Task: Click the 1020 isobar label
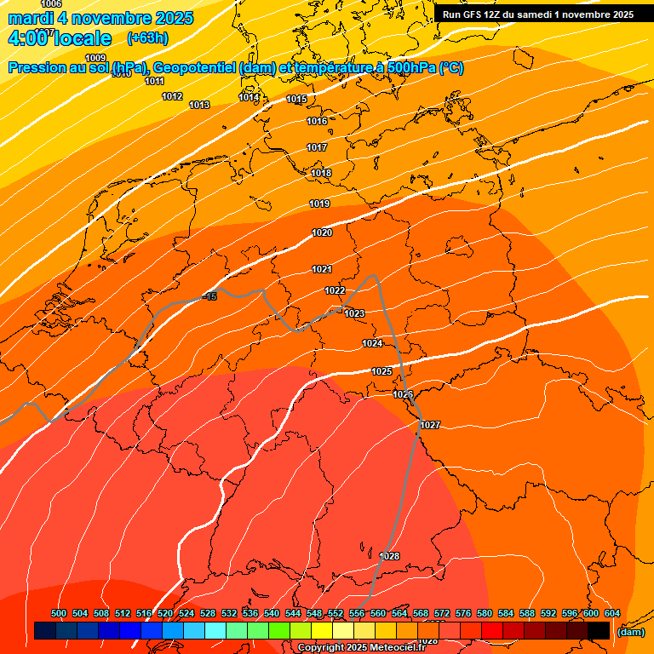(322, 232)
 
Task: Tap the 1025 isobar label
(381, 371)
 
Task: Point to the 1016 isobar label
(317, 122)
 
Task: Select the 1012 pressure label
(172, 96)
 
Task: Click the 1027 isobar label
(430, 425)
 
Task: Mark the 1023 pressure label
(354, 313)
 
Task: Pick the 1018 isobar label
(321, 174)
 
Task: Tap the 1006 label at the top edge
(51, 4)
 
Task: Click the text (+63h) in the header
(147, 38)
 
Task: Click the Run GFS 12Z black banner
(538, 14)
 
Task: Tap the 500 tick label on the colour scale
(59, 613)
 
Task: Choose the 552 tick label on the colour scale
(336, 613)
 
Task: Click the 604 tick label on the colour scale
(611, 613)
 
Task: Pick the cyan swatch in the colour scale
(215, 630)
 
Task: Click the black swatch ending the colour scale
(599, 630)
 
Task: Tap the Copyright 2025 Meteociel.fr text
(361, 648)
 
